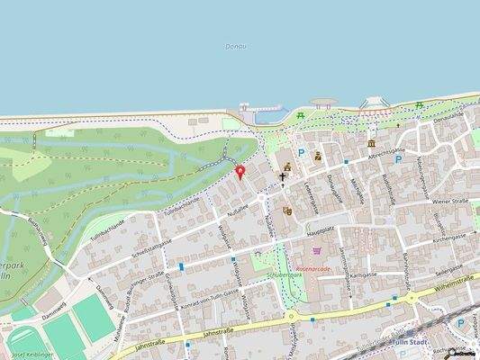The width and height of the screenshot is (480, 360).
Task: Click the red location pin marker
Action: pos(240,172)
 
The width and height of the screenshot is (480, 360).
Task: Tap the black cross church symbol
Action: pos(282,177)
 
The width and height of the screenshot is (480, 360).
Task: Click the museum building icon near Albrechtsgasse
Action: pos(371,143)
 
